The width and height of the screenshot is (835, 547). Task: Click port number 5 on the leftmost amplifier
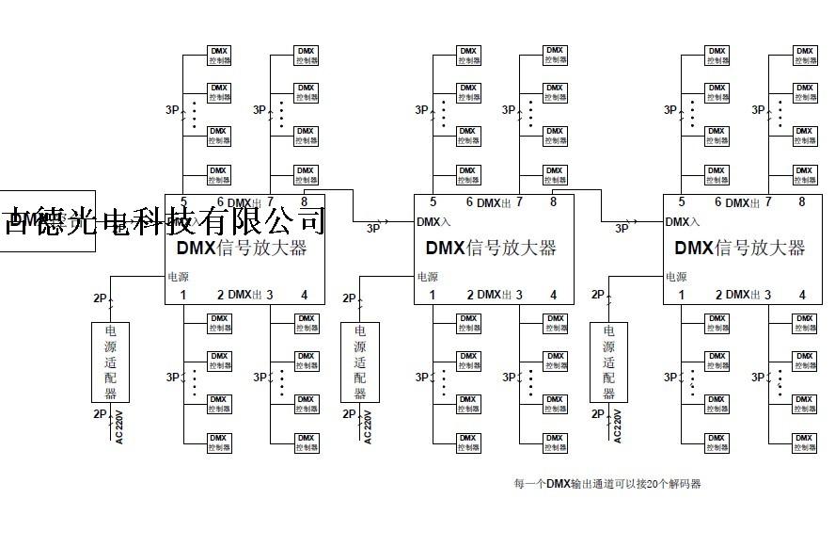point(184,201)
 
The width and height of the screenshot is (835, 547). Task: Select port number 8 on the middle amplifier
point(554,201)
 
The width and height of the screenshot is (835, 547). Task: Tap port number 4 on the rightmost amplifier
point(802,295)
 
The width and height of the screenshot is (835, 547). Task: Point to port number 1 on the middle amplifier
point(433,295)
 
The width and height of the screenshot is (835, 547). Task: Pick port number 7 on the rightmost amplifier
point(768,201)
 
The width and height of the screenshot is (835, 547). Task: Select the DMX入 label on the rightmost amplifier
point(682,222)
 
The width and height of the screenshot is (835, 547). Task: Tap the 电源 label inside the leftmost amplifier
point(178,277)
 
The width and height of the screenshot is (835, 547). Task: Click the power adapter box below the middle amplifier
point(360,362)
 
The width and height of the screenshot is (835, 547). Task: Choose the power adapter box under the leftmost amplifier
point(111,362)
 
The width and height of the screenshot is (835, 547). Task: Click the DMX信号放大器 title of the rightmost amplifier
point(740,249)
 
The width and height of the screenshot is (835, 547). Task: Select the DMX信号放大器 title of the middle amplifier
point(491,249)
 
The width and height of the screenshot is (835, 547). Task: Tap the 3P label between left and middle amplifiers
point(373,228)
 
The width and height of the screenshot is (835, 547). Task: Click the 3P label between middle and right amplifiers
point(622,228)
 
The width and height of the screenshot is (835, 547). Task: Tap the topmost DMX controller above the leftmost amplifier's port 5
point(218,54)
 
